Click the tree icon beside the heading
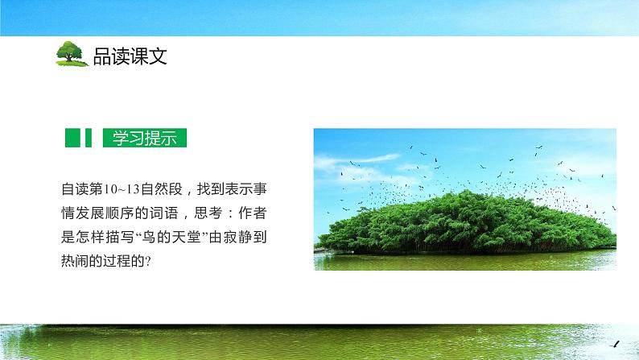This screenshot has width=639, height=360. tap(72, 53)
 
